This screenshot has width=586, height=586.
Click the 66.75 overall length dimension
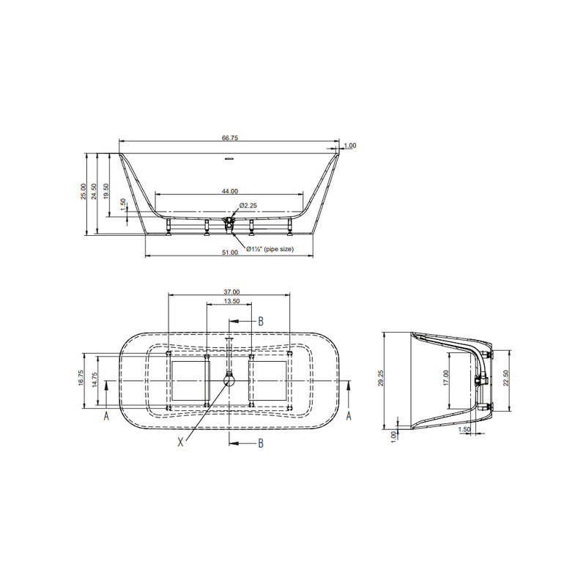(x=229, y=137)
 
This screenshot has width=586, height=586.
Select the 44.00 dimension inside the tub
(x=229, y=190)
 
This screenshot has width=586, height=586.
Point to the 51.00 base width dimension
(x=229, y=253)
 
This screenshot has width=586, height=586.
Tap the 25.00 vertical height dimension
(x=84, y=192)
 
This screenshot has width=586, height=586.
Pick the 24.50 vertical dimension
(x=95, y=192)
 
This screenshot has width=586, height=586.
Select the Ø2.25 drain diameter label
(x=247, y=207)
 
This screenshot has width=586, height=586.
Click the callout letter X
(x=181, y=442)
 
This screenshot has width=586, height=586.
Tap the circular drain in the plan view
(x=230, y=379)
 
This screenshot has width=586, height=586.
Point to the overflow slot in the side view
(x=229, y=157)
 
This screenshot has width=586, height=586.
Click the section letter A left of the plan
(x=107, y=415)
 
